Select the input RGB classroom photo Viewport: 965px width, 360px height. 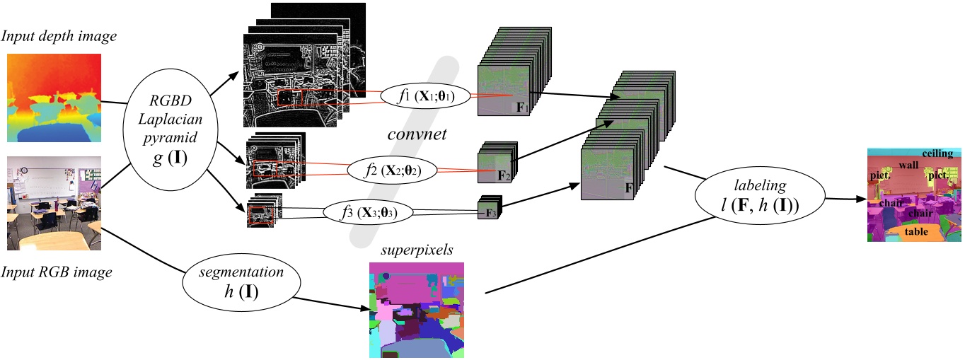click(x=54, y=204)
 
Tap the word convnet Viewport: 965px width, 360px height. click(x=417, y=133)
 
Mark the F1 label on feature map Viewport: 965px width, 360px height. click(x=521, y=108)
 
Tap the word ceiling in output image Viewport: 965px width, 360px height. click(x=937, y=153)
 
